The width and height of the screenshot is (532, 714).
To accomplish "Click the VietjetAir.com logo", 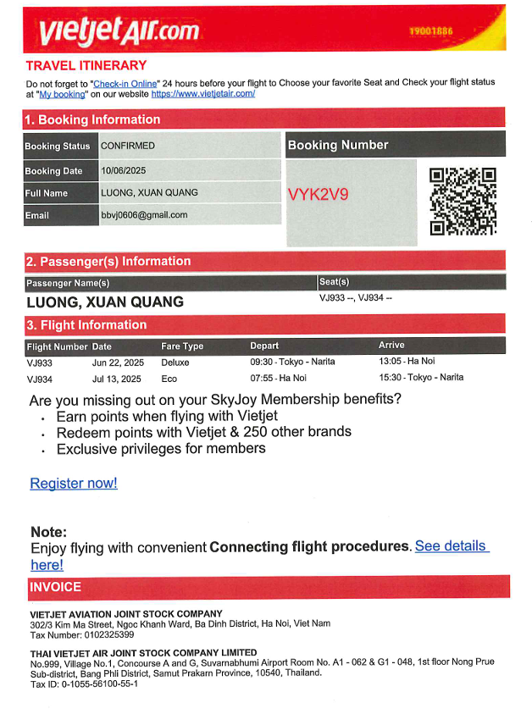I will pos(119,30).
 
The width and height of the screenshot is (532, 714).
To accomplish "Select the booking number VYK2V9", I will pos(318,194).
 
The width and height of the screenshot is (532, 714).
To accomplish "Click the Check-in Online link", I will pos(125,83).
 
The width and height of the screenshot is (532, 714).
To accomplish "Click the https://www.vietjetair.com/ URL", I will pos(203,94).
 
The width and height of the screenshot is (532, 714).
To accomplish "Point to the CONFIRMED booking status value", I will pos(128,146).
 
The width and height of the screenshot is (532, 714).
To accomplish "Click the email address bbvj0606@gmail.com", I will pos(144,215).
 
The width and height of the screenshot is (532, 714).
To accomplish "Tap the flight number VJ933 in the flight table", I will pos(40,362).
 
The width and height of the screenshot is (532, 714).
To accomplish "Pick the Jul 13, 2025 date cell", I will pos(116,379).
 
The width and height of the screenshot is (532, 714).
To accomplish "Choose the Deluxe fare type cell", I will pos(176,362).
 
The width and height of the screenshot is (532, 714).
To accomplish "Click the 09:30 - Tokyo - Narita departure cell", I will pos(292,362).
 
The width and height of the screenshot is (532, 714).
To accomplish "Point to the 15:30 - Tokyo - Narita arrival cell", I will pos(421,379).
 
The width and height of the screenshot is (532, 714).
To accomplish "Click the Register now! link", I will pos(74,484).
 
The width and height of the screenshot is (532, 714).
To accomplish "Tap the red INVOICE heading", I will pos(56,587).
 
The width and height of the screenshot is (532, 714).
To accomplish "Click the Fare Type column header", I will pos(182,346).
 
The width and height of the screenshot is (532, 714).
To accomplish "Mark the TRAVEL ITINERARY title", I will pos(86,65).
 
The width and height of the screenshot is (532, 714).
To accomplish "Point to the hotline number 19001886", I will pos(431,31).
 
